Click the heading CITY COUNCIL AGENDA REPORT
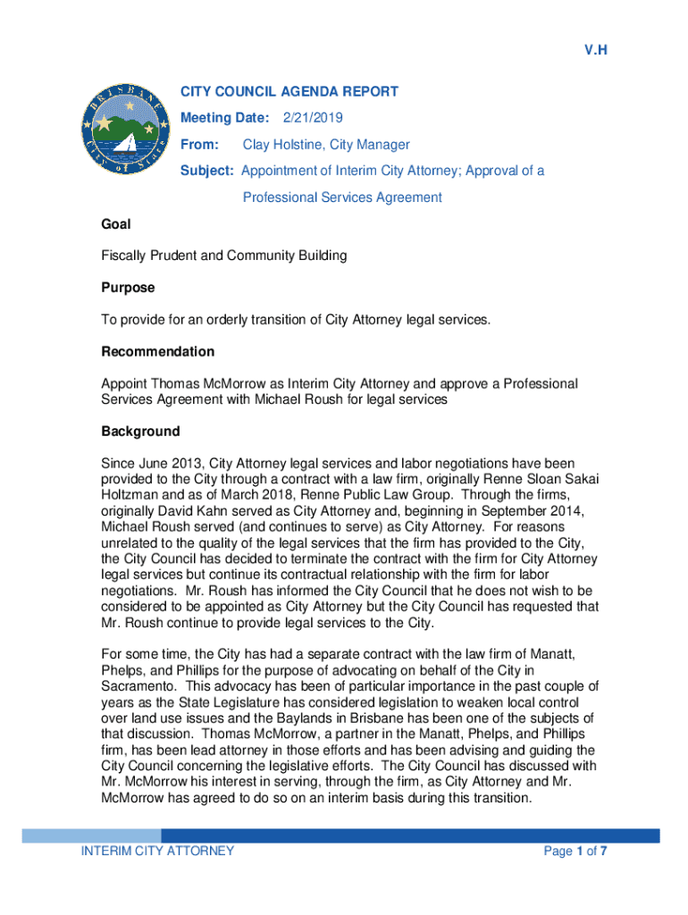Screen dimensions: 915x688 (x=289, y=91)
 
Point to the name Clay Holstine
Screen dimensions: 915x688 (x=283, y=145)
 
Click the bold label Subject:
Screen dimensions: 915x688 (x=208, y=171)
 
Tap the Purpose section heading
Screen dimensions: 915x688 (x=127, y=288)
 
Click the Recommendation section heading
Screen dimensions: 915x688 (x=157, y=351)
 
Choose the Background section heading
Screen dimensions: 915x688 (x=140, y=432)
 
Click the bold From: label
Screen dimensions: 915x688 (x=199, y=145)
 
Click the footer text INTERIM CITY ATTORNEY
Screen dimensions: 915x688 (x=157, y=851)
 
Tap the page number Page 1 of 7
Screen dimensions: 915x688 (x=575, y=851)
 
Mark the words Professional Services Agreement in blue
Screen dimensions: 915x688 (x=342, y=197)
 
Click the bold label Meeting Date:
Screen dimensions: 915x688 (x=224, y=118)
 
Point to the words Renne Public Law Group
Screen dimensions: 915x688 (x=393, y=495)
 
